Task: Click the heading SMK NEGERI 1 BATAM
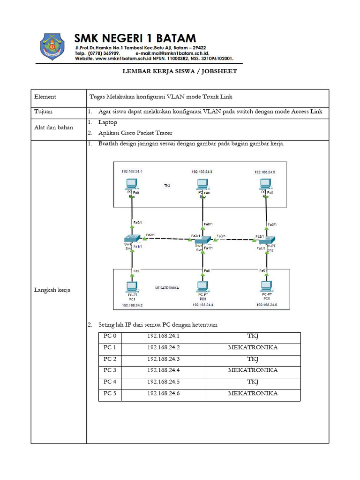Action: click(x=135, y=38)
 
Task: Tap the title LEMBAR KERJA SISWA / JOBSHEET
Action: click(x=180, y=72)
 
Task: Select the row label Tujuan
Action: click(x=43, y=112)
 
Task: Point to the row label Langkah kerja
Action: click(x=52, y=290)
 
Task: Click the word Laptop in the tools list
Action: click(x=108, y=122)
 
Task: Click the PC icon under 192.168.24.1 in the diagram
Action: click(x=132, y=184)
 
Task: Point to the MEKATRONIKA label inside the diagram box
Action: click(x=166, y=287)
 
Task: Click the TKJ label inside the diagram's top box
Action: click(x=167, y=186)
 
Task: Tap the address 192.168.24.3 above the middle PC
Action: click(x=202, y=172)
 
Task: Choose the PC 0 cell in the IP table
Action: click(x=110, y=336)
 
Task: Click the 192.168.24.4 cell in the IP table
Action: click(x=164, y=370)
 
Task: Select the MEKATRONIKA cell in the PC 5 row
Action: click(x=253, y=393)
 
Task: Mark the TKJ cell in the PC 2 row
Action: click(x=253, y=359)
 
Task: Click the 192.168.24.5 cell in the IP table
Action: click(x=164, y=382)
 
